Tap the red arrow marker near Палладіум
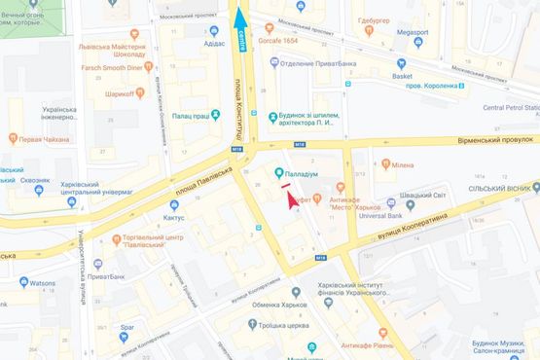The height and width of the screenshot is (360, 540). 289,198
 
